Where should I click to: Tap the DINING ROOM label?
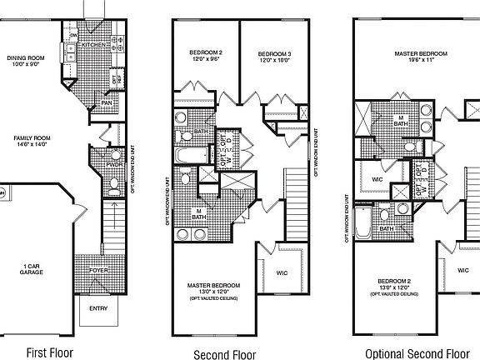coord(26,57)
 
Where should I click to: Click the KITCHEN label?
coord(94,44)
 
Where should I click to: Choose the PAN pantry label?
coord(107,102)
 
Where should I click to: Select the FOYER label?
coord(100,269)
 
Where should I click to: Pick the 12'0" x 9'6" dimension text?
coord(204,60)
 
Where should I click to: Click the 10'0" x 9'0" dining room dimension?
coord(26,65)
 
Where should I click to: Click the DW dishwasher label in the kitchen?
coord(74,37)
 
